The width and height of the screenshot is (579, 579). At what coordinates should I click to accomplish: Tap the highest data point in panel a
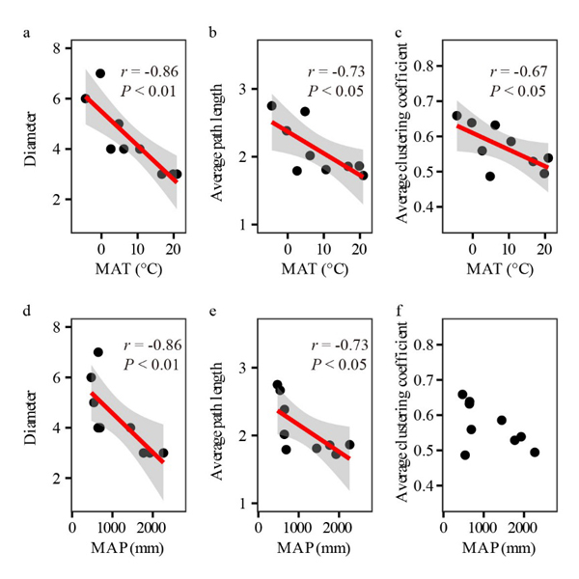(100, 73)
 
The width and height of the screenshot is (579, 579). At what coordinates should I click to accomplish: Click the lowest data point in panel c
(490, 177)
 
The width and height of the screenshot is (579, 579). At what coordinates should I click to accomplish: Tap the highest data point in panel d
(98, 352)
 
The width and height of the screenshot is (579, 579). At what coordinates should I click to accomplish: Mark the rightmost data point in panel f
(535, 452)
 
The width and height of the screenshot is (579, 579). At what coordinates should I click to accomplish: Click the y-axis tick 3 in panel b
(246, 89)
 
